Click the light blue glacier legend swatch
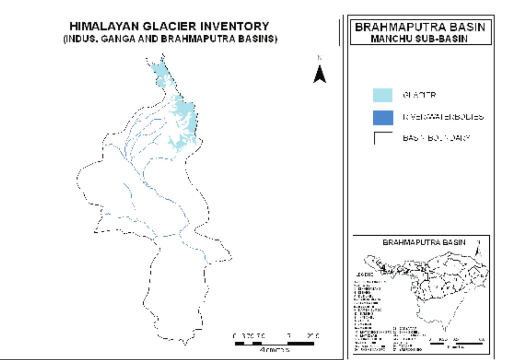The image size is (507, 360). pos(383,95)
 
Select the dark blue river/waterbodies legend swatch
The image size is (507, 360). pos(383,117)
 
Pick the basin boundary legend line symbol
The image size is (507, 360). pos(383,138)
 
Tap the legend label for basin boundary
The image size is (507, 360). pos(436,138)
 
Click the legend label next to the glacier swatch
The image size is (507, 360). pos(419,95)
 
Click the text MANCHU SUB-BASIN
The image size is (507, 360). pos(419,38)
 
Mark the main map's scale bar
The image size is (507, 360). pos(274,343)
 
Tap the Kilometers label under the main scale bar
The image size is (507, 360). pos(274,350)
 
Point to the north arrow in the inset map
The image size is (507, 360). pos(478,250)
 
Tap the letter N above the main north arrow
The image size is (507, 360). pos(320,58)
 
